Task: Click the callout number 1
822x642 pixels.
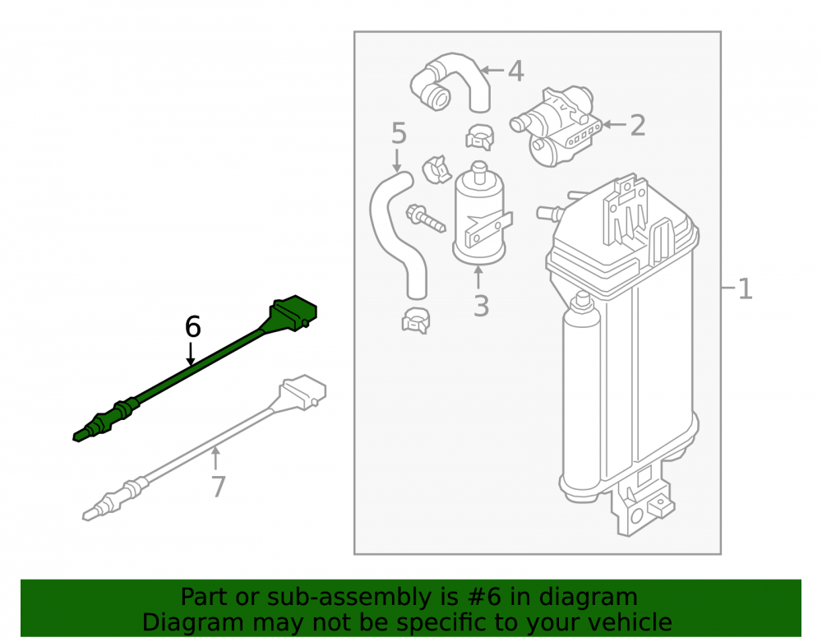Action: click(745, 289)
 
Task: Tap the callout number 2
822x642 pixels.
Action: click(638, 125)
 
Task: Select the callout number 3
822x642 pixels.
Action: click(481, 306)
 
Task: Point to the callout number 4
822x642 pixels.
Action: click(516, 72)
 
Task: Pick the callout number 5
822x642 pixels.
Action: click(399, 134)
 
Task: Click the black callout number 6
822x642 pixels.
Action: click(193, 327)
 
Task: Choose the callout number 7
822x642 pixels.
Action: click(218, 487)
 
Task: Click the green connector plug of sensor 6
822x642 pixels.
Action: click(293, 313)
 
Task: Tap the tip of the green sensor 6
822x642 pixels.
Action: click(76, 436)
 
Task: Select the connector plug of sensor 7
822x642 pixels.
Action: click(303, 391)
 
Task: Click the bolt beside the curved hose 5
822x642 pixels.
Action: click(425, 219)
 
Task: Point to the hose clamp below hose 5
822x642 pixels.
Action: click(416, 321)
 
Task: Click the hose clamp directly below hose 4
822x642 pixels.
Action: click(480, 136)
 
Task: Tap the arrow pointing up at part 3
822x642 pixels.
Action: click(478, 278)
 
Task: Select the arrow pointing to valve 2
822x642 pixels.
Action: click(614, 125)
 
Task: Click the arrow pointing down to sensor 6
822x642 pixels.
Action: click(191, 353)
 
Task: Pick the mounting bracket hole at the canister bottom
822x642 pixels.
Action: click(637, 515)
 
